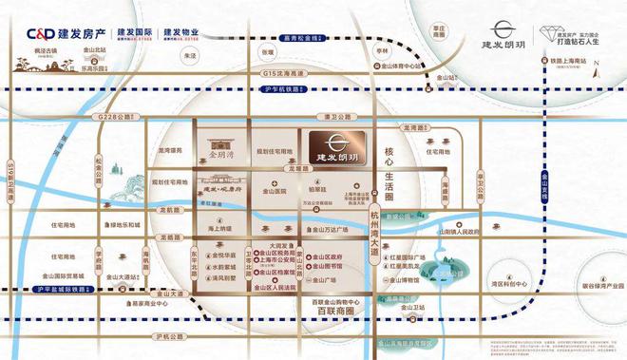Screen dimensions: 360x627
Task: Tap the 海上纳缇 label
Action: pos(218,228)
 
